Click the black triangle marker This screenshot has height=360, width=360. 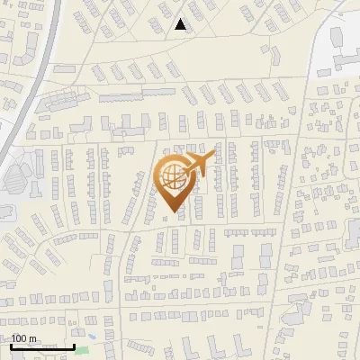pyautogui.click(x=181, y=24)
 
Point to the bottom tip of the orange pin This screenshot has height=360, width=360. pyautogui.click(x=172, y=212)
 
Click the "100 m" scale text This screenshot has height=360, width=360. pyautogui.click(x=23, y=338)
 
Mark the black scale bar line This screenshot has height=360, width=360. pyautogui.click(x=42, y=346)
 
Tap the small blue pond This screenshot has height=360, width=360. pyautogui.click(x=92, y=337)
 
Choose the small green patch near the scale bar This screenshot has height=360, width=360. pyautogui.click(x=83, y=348)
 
